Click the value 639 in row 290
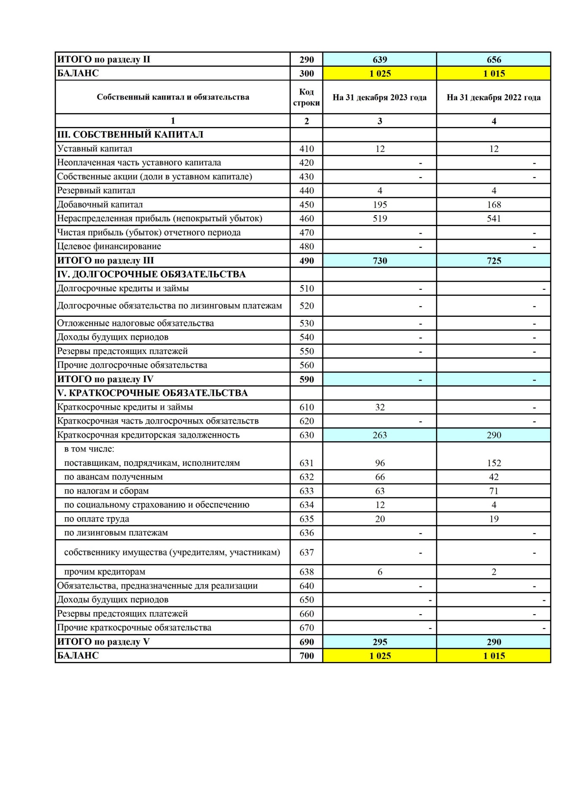(380, 59)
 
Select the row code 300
(306, 73)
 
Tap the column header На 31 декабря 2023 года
(379, 97)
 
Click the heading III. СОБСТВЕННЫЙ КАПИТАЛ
(130, 135)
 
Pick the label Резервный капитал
(96, 190)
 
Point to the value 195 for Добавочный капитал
(380, 205)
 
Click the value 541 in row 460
(494, 219)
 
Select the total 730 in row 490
(380, 261)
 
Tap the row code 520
(306, 306)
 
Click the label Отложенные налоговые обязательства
(135, 323)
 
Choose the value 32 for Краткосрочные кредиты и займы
(380, 407)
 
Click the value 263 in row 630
(380, 435)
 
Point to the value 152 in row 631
(494, 463)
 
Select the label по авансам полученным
(114, 477)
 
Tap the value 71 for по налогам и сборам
(494, 491)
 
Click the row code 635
(306, 519)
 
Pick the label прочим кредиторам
(105, 572)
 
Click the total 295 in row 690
(380, 642)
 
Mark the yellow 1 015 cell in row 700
(494, 656)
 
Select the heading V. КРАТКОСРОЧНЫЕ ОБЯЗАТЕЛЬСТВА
(153, 393)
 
